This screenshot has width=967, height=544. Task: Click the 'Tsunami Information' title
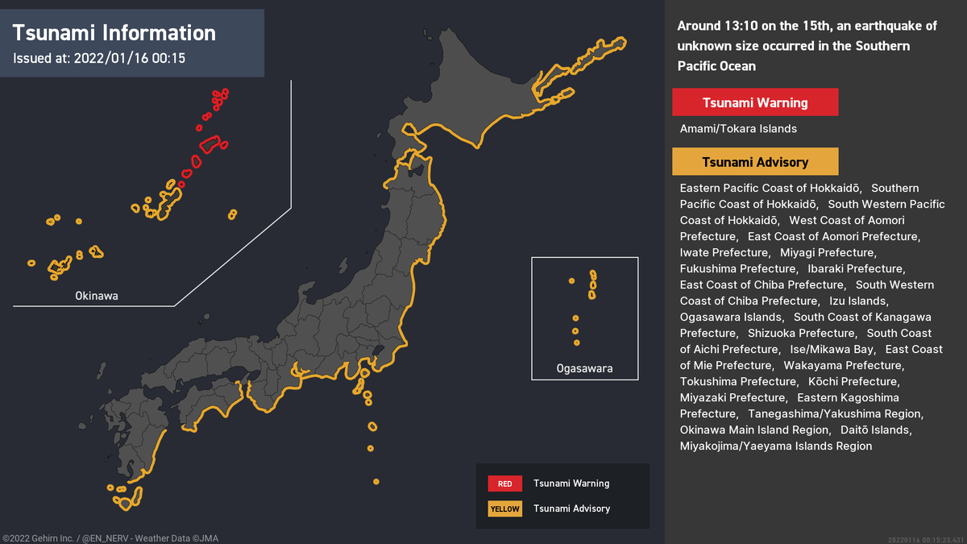(114, 33)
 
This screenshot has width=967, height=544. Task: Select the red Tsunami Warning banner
(755, 102)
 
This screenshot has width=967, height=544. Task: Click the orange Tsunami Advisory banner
(755, 162)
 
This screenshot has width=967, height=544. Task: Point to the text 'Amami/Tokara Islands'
(738, 129)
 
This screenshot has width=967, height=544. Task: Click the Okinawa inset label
(97, 296)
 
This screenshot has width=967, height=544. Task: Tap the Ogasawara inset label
(584, 368)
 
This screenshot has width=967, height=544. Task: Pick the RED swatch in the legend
(504, 484)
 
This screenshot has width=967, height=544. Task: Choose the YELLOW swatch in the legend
(504, 509)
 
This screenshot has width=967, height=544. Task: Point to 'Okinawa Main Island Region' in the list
(754, 430)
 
